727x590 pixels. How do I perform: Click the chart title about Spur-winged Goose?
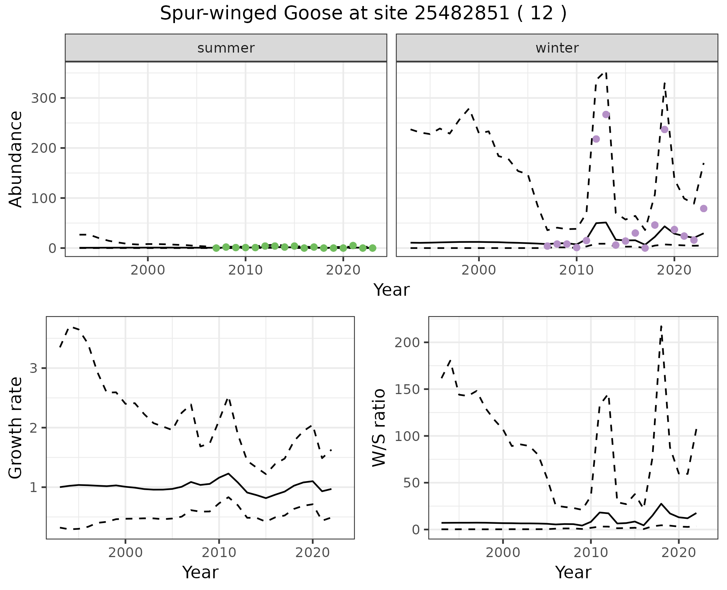tap(363, 14)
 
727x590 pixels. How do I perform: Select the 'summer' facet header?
tap(226, 48)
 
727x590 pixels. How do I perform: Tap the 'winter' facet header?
tap(557, 48)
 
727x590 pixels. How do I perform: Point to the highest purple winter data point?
tap(606, 115)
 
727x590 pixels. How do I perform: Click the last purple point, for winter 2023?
tap(704, 208)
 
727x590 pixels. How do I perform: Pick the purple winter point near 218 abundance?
tap(596, 139)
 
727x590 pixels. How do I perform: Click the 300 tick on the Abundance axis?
tap(43, 98)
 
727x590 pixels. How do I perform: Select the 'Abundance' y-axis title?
tap(16, 159)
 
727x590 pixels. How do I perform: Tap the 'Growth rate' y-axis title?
tap(16, 428)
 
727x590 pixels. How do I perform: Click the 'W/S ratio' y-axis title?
tap(379, 428)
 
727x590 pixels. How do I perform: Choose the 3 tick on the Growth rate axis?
tap(34, 368)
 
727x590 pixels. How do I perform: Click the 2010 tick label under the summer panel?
tap(245, 270)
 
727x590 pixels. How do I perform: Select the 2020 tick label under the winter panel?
tap(674, 270)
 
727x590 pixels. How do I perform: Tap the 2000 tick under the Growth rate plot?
tap(125, 553)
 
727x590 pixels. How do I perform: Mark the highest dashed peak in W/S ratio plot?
tap(661, 326)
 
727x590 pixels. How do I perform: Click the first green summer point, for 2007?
tap(216, 248)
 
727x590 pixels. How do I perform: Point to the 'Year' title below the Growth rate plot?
tap(200, 572)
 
